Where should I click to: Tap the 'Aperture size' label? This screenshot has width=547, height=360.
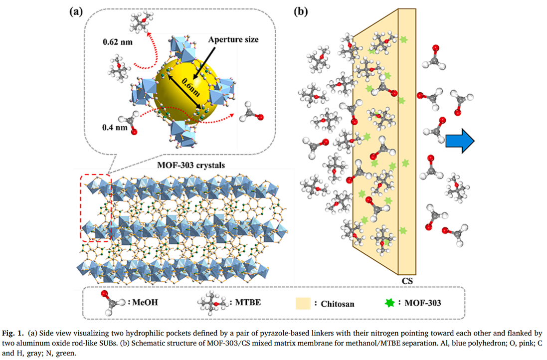click(x=233, y=39)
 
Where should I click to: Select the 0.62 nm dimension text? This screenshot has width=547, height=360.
click(x=118, y=41)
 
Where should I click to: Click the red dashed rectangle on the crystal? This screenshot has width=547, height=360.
click(x=95, y=208)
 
